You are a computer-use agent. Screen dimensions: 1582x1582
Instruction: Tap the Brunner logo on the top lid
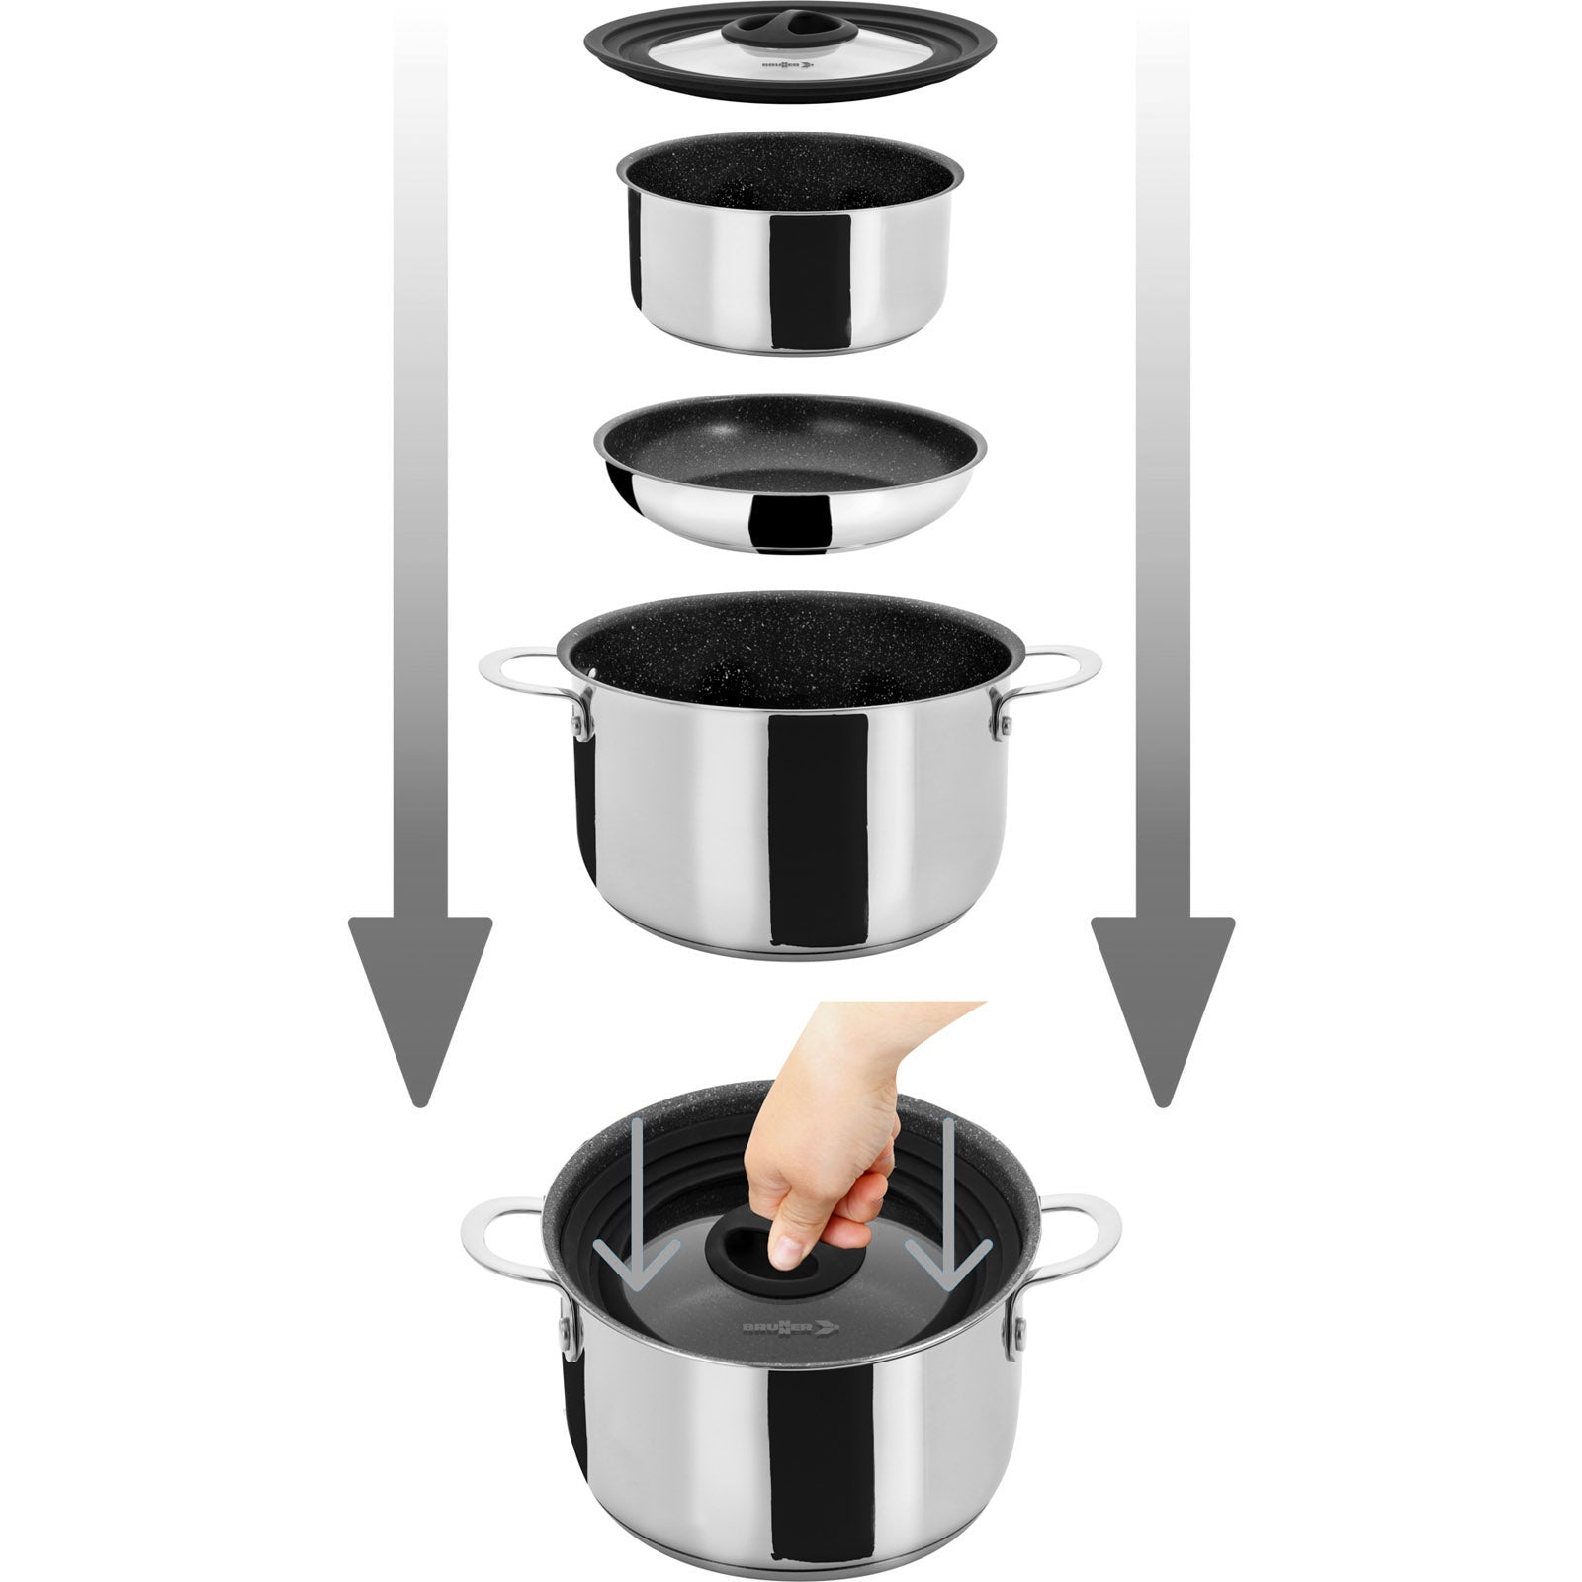(x=785, y=67)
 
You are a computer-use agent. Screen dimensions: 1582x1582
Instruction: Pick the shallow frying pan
(x=790, y=472)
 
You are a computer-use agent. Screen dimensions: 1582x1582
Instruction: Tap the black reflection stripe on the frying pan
(x=788, y=519)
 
